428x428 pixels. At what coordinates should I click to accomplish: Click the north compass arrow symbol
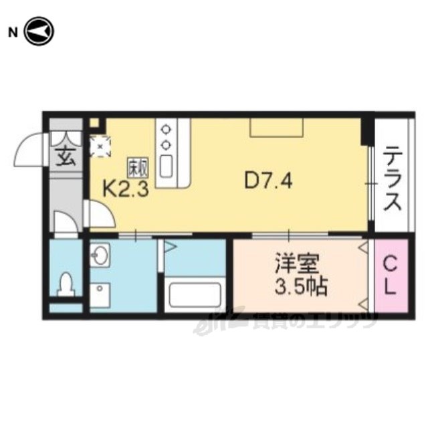39,31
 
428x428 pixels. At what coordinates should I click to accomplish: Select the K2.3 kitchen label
125,189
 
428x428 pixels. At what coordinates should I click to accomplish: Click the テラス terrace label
392,179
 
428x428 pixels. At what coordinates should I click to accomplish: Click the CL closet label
391,276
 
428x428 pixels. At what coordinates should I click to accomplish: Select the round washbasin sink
102,255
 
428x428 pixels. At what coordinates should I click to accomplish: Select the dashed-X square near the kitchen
100,146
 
